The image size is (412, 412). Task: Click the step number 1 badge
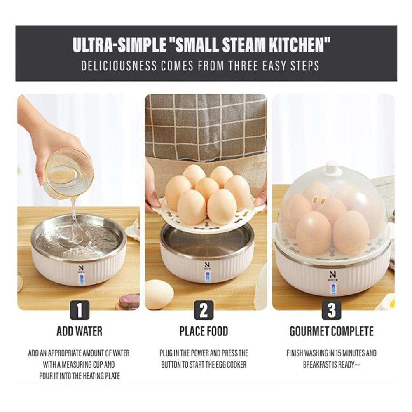click(x=80, y=310)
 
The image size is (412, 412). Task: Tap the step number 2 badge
click(x=204, y=310)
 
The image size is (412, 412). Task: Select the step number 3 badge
click(x=331, y=310)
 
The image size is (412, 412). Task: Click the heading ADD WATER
click(x=80, y=331)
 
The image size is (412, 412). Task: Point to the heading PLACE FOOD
click(x=204, y=331)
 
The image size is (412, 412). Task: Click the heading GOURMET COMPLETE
click(x=331, y=331)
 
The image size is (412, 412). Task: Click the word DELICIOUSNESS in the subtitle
click(x=119, y=66)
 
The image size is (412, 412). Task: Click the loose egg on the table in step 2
click(x=159, y=294)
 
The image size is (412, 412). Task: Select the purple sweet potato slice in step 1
click(x=130, y=302)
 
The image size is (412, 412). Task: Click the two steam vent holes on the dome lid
click(x=319, y=201)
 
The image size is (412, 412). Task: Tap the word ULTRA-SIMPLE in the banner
click(x=119, y=45)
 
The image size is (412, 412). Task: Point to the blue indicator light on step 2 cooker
click(x=208, y=277)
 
